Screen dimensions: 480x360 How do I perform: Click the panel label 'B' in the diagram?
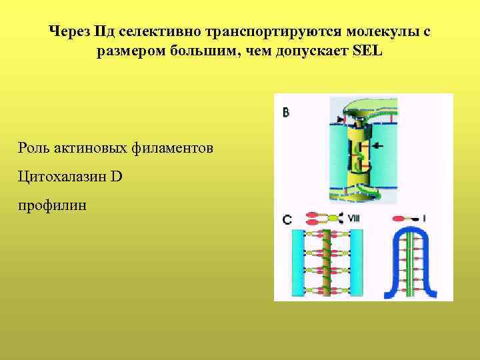click(x=286, y=113)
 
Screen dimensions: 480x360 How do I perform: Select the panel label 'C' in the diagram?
click(x=286, y=218)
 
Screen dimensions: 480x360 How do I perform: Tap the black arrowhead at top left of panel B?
click(x=342, y=119)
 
